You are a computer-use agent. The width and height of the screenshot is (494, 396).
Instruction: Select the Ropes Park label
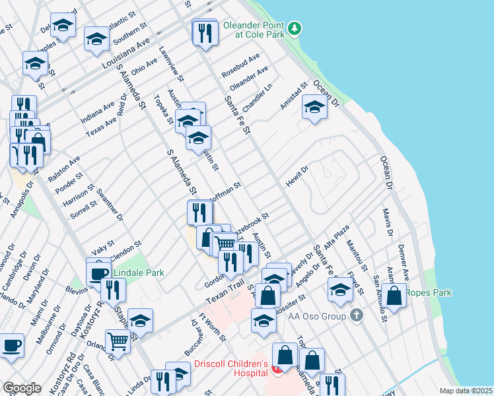(x=429, y=292)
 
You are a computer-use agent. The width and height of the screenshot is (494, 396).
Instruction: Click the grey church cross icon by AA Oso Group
(x=357, y=315)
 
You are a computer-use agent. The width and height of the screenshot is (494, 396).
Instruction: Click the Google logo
(x=22, y=388)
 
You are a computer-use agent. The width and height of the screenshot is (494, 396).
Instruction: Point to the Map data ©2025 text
(x=466, y=390)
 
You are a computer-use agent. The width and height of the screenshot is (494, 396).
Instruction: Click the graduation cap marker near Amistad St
(x=314, y=108)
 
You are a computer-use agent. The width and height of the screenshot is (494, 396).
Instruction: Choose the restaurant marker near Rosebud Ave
(x=205, y=33)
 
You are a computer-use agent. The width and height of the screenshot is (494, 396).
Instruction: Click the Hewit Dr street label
(x=297, y=176)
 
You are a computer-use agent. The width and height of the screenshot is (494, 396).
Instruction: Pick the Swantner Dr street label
(x=110, y=204)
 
